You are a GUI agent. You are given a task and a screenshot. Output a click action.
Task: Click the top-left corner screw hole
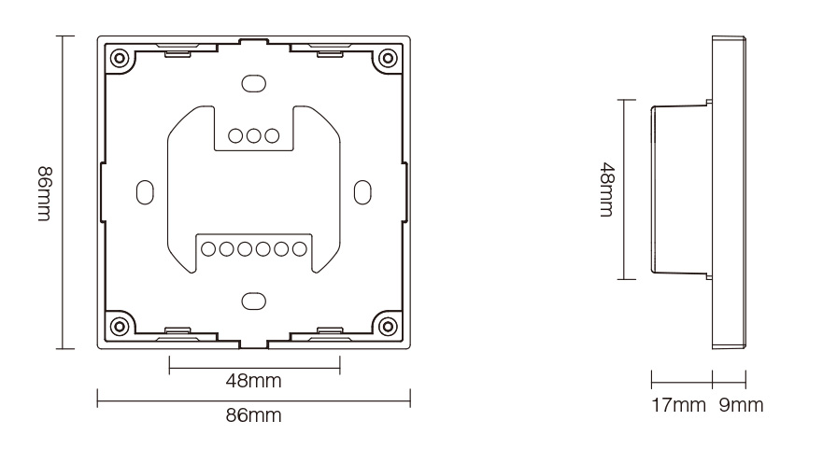tap(121, 59)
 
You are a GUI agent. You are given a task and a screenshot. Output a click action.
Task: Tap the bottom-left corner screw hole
tap(121, 326)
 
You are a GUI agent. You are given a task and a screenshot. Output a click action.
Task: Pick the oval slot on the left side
tap(145, 190)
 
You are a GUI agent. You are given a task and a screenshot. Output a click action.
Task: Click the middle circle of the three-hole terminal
tap(253, 134)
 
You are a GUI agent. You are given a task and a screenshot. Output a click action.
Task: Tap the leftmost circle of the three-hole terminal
tap(235, 134)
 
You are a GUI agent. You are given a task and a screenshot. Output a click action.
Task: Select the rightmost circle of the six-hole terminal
tap(298, 248)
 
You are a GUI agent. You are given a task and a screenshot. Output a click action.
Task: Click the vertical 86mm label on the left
tap(44, 193)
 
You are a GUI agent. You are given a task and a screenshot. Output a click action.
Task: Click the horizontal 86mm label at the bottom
tap(252, 415)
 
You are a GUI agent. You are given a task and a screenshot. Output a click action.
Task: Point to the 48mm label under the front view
tap(253, 382)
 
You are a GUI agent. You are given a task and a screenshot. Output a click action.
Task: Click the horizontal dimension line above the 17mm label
tap(681, 380)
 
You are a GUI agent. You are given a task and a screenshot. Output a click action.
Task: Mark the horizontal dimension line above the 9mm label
tap(729, 380)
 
